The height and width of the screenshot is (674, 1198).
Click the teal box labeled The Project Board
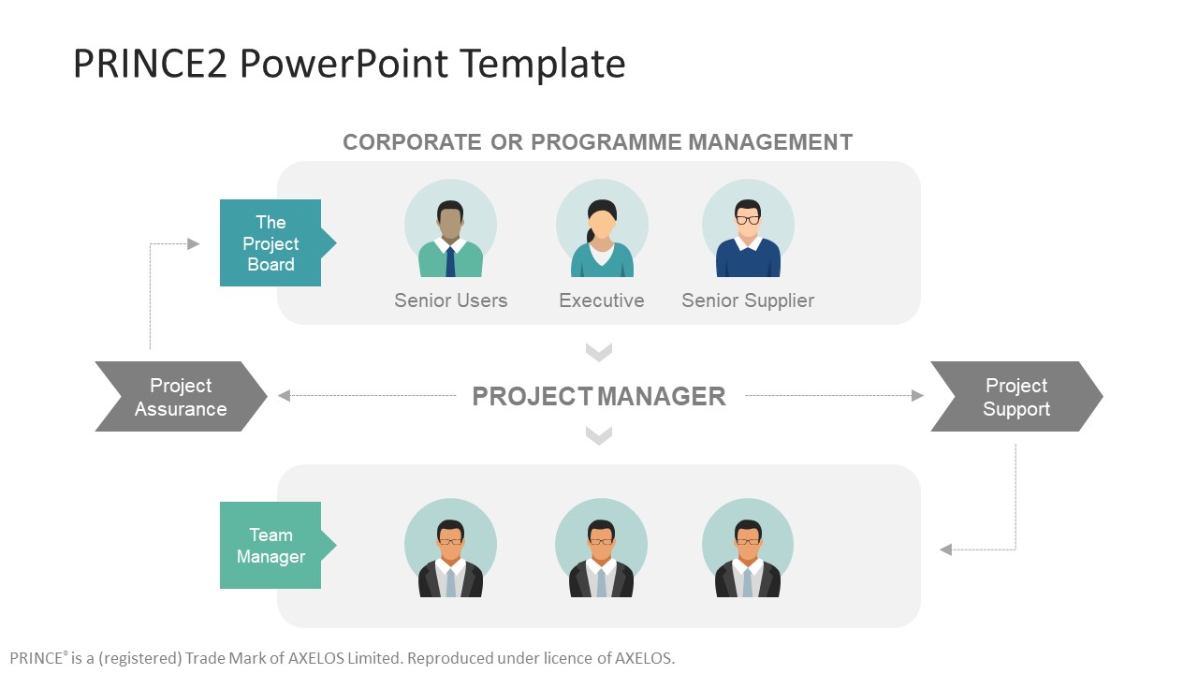pyautogui.click(x=270, y=242)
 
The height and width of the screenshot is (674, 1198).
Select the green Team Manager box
pyautogui.click(x=270, y=545)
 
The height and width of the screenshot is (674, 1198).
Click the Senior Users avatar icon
pyautogui.click(x=450, y=229)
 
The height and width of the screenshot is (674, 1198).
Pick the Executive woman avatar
pyautogui.click(x=602, y=229)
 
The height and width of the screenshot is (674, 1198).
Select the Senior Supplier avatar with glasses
pyautogui.click(x=748, y=229)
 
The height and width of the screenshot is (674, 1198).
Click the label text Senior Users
pyautogui.click(x=450, y=300)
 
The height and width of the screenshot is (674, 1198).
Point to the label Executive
pyautogui.click(x=602, y=300)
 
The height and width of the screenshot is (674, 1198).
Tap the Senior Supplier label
pyautogui.click(x=748, y=300)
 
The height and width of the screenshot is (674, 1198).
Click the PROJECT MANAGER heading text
pyautogui.click(x=599, y=397)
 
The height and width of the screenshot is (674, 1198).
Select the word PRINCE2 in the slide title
pyautogui.click(x=150, y=64)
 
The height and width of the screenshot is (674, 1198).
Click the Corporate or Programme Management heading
pyautogui.click(x=597, y=142)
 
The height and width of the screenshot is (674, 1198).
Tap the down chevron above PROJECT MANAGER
pyautogui.click(x=599, y=352)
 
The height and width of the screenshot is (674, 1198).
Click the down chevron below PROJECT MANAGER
pyautogui.click(x=599, y=435)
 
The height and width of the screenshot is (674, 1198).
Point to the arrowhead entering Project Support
pyautogui.click(x=918, y=396)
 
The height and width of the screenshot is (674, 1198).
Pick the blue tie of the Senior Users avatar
pyautogui.click(x=450, y=261)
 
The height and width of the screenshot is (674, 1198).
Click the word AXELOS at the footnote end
pyautogui.click(x=644, y=658)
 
